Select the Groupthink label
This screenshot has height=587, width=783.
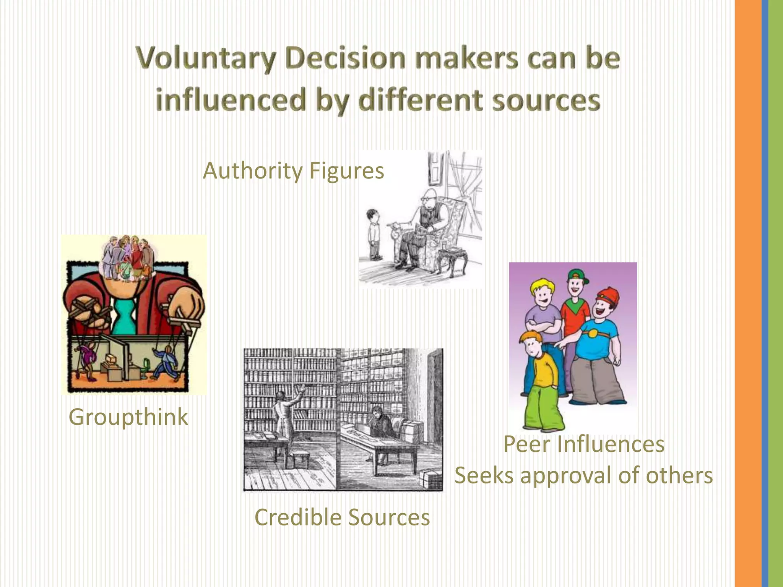tap(128, 417)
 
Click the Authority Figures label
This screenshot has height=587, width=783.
tap(293, 170)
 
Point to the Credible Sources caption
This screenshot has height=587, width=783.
tap(342, 517)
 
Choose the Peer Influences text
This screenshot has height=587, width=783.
tap(584, 444)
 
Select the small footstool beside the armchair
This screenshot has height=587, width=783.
tap(453, 260)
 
